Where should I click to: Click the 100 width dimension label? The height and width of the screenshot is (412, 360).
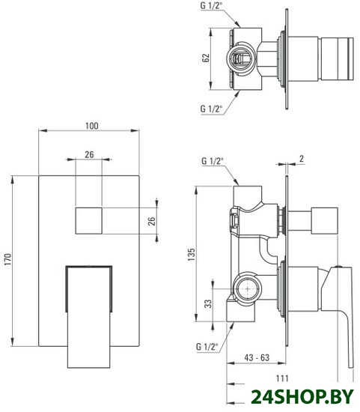click(x=92, y=126)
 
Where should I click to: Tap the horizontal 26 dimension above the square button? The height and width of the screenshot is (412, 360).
click(x=89, y=154)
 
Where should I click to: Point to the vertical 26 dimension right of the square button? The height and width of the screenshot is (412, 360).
click(x=151, y=221)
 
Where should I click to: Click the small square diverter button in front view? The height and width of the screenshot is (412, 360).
click(x=89, y=220)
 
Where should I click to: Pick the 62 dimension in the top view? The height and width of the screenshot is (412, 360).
click(x=205, y=58)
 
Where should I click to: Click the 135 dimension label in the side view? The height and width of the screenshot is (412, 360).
click(x=191, y=254)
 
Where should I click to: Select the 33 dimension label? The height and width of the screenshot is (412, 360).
click(x=208, y=303)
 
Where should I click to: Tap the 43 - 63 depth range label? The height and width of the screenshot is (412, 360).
click(x=257, y=357)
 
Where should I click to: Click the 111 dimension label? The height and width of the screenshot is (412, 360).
click(x=282, y=378)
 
